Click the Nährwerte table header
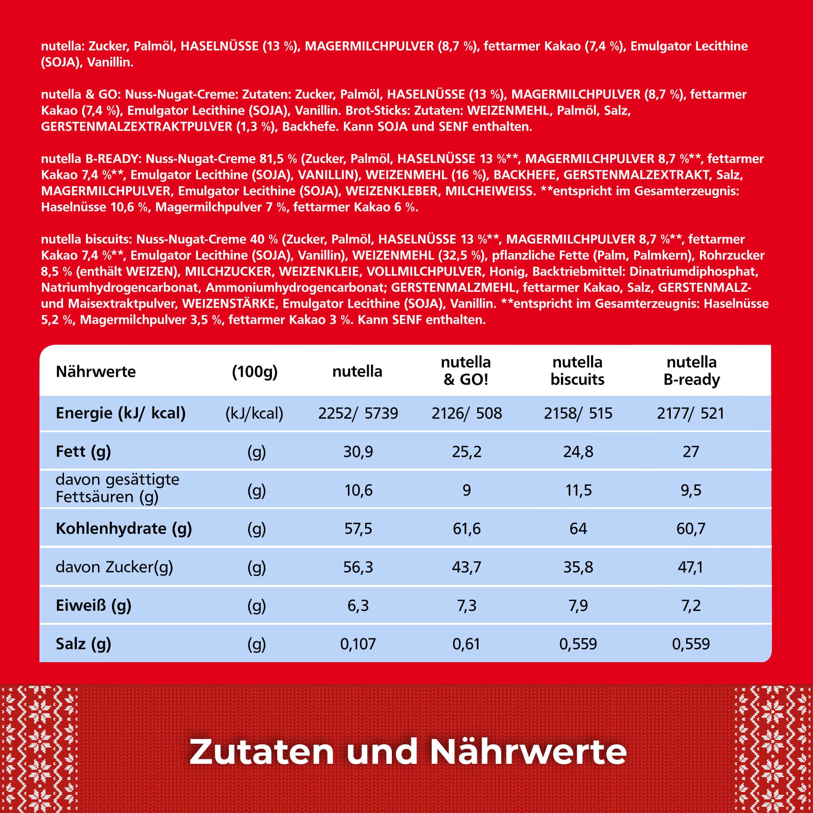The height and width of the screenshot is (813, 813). pyautogui.click(x=96, y=372)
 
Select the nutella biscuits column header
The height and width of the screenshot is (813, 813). pyautogui.click(x=577, y=371)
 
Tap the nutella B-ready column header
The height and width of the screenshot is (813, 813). pyautogui.click(x=691, y=371)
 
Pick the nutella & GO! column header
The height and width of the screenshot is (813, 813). pyautogui.click(x=466, y=371)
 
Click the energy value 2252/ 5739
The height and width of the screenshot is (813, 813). pyautogui.click(x=358, y=413)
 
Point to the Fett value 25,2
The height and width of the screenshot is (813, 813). pyautogui.click(x=466, y=452)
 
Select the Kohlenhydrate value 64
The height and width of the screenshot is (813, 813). pyautogui.click(x=578, y=528)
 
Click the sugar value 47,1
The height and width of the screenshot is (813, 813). pyautogui.click(x=690, y=567)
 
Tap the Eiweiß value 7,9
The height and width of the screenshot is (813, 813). pyautogui.click(x=578, y=606)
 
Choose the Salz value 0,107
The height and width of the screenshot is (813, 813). pyautogui.click(x=358, y=644)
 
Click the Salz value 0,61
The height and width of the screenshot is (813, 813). pyautogui.click(x=466, y=644)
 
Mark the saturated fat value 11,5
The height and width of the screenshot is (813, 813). pyautogui.click(x=578, y=490)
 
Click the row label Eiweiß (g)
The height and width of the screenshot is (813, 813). pyautogui.click(x=93, y=606)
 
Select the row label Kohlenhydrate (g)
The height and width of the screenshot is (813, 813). pyautogui.click(x=124, y=528)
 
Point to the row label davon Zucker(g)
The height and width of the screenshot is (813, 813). pyautogui.click(x=114, y=567)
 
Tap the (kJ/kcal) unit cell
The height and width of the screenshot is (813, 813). pyautogui.click(x=254, y=413)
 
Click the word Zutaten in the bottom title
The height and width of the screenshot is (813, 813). pyautogui.click(x=261, y=752)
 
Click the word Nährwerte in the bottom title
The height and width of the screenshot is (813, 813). pyautogui.click(x=528, y=752)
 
